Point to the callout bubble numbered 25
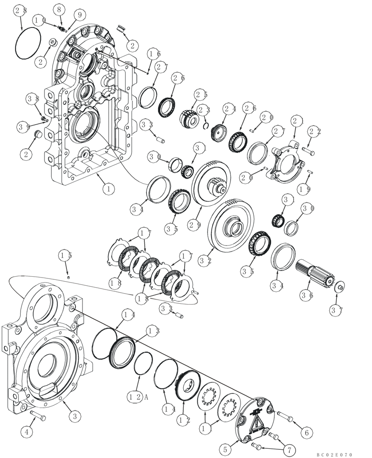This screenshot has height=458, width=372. (200, 95)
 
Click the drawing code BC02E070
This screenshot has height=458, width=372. (334, 454)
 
